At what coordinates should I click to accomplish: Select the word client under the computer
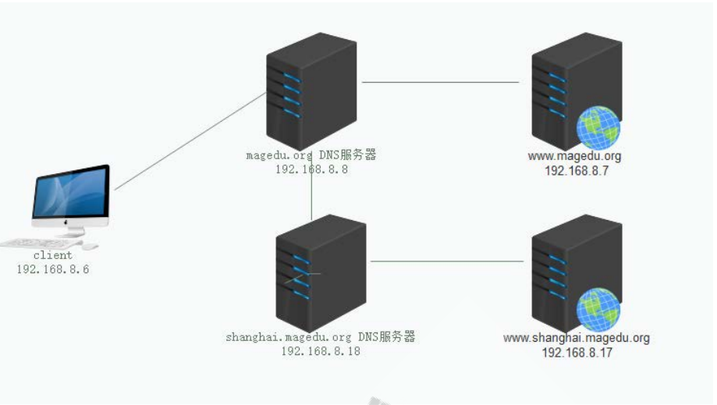click(x=53, y=255)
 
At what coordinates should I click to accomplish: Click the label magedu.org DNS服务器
click(x=311, y=155)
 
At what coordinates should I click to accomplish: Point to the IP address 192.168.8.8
click(x=311, y=169)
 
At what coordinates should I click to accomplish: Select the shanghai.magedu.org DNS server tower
click(x=320, y=273)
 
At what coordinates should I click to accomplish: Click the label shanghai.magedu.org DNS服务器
click(x=321, y=337)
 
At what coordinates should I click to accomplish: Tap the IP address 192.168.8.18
click(x=321, y=351)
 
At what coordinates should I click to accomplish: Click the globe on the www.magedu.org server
click(x=598, y=128)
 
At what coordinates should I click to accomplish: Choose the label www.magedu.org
click(x=575, y=156)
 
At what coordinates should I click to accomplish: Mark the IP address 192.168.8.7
click(x=576, y=171)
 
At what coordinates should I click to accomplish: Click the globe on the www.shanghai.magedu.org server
click(x=598, y=310)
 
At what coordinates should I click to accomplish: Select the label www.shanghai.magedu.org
click(x=577, y=338)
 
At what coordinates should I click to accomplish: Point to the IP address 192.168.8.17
click(x=577, y=353)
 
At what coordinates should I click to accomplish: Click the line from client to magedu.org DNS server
click(x=191, y=141)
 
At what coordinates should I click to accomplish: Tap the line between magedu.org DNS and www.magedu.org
click(x=441, y=82)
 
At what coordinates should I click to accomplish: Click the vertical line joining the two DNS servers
click(x=311, y=199)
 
